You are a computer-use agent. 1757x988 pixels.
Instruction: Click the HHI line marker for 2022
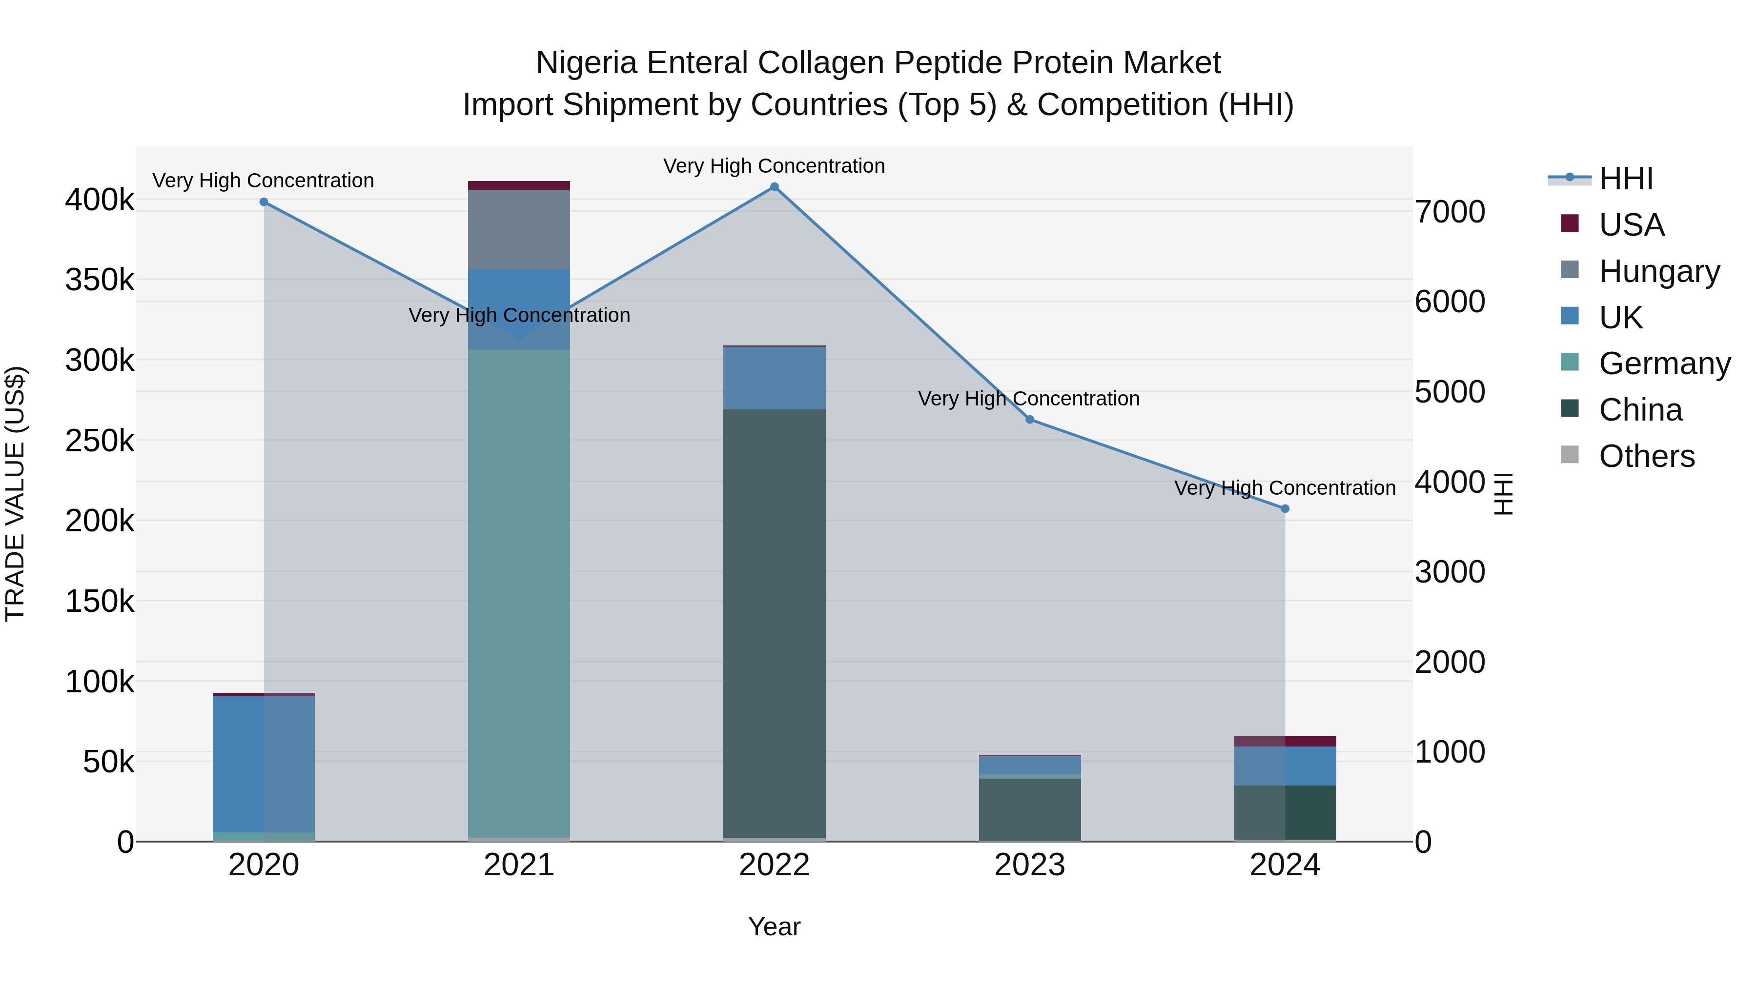(x=774, y=187)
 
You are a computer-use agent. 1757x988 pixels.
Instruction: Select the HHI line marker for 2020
(x=264, y=202)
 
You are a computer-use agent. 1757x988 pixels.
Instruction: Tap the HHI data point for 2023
(x=1030, y=419)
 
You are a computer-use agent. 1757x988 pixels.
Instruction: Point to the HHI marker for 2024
(x=1285, y=509)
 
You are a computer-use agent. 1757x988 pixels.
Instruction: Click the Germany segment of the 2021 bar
(x=519, y=593)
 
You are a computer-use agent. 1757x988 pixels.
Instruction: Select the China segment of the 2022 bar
(x=774, y=624)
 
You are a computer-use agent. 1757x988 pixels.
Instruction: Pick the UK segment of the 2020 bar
(x=264, y=764)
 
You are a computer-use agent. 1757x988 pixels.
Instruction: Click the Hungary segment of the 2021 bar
(x=519, y=230)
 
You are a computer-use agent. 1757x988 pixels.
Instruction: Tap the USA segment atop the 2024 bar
(x=1285, y=741)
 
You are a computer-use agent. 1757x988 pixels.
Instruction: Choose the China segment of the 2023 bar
(x=1030, y=809)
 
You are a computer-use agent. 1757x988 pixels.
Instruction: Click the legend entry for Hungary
(x=1659, y=271)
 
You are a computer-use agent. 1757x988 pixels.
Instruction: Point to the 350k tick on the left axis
(x=100, y=280)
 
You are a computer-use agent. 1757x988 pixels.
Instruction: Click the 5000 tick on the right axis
(x=1450, y=392)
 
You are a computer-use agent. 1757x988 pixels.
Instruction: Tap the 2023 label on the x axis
(x=1030, y=865)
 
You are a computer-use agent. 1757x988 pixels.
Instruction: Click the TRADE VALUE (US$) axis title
(x=15, y=494)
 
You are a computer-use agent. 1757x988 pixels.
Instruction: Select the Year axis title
(x=774, y=927)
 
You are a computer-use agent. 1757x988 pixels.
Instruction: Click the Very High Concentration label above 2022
(x=774, y=166)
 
